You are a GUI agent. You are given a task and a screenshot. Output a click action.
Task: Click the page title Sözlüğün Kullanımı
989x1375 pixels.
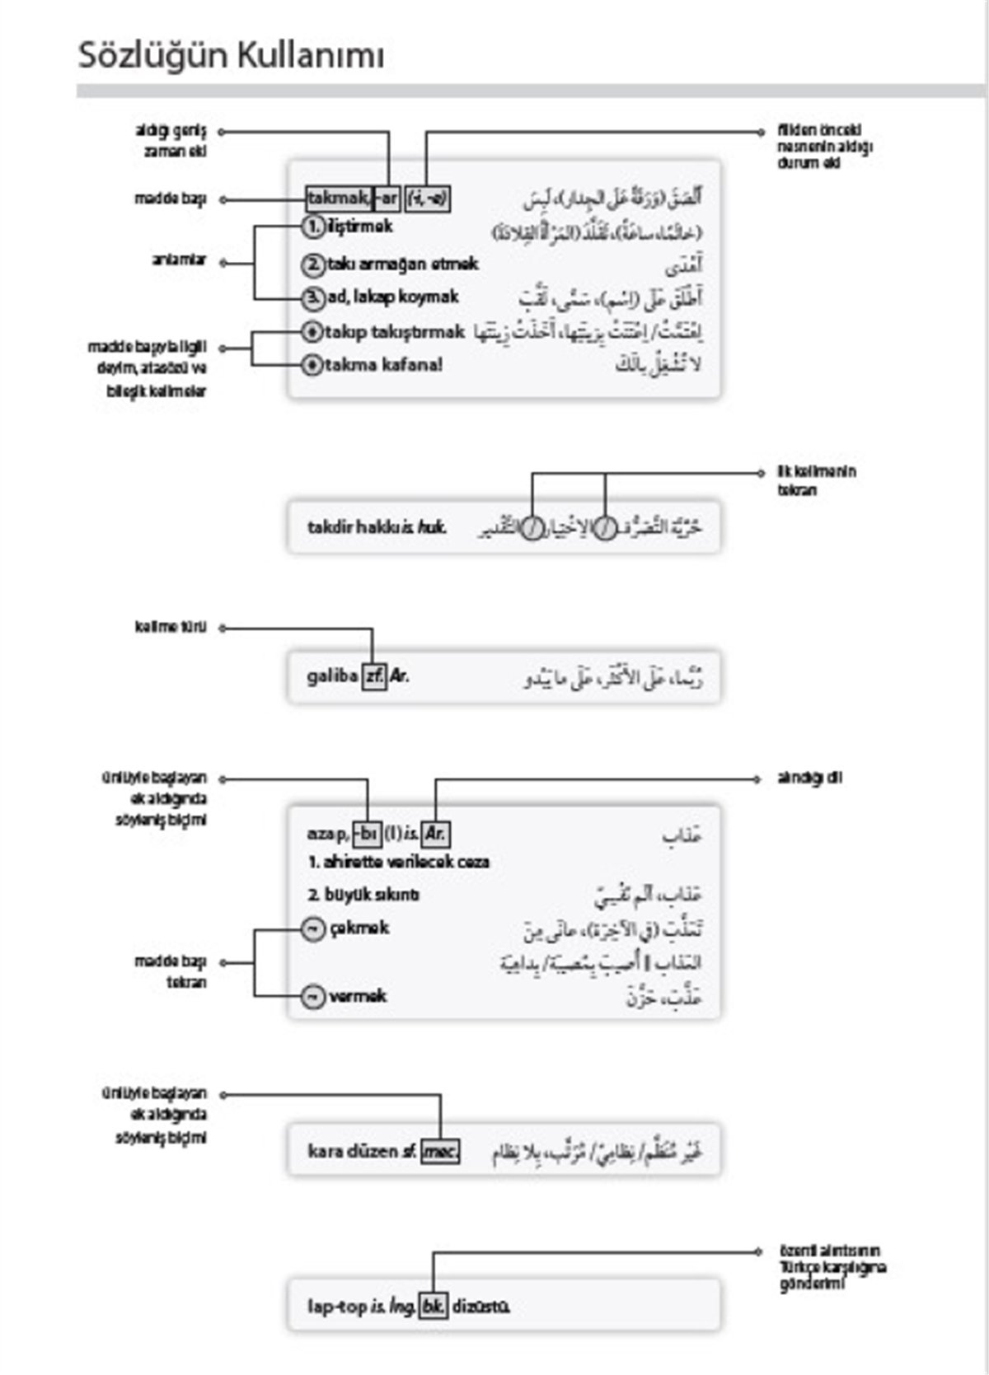231,56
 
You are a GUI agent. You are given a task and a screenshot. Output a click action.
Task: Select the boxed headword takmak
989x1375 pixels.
338,199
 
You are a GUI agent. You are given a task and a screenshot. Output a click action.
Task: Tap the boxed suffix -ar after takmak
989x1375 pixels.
387,199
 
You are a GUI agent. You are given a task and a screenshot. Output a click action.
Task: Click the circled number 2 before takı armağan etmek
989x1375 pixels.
312,264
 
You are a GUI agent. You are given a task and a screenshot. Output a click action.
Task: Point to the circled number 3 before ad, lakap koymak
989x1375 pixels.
312,297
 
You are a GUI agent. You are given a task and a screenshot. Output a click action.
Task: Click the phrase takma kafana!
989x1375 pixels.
382,364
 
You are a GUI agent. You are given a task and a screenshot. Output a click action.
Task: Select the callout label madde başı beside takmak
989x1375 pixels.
170,199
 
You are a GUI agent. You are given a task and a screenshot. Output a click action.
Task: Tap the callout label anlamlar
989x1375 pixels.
178,260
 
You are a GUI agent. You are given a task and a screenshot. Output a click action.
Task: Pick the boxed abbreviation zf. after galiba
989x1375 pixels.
373,676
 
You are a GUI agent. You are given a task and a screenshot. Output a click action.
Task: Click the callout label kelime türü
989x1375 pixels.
170,628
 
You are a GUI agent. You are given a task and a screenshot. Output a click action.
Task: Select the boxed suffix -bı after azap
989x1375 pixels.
367,834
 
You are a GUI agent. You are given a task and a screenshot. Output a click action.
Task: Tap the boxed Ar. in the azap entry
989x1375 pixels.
435,834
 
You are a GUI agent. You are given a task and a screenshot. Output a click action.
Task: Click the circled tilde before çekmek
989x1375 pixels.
312,929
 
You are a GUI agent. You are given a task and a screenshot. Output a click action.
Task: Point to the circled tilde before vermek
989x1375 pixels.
312,997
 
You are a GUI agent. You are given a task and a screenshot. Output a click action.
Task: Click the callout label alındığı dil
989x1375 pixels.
809,779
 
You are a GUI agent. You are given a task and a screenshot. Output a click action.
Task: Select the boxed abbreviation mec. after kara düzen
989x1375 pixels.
440,1151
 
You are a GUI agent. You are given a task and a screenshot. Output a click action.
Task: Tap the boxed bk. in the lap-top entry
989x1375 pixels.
433,1307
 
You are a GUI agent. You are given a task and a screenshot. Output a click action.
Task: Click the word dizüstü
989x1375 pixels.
481,1307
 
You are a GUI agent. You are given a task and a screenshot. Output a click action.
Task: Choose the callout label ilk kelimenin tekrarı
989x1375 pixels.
816,480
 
